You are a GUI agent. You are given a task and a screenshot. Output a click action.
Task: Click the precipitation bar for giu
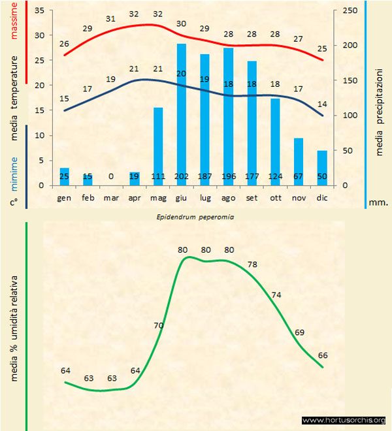coord(182,114)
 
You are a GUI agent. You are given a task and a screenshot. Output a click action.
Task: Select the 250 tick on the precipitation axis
coord(350,11)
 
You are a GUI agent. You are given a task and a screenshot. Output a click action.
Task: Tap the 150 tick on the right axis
coord(350,80)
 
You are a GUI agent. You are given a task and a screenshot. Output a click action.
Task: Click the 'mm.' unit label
coord(378,202)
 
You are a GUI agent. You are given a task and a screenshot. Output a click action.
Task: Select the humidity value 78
coord(252,264)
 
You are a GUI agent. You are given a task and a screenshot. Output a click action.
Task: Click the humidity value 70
coord(159,325)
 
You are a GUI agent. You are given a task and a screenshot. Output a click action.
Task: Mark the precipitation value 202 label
coord(182,177)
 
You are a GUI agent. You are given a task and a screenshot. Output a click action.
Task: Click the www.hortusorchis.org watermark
coord(344,420)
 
